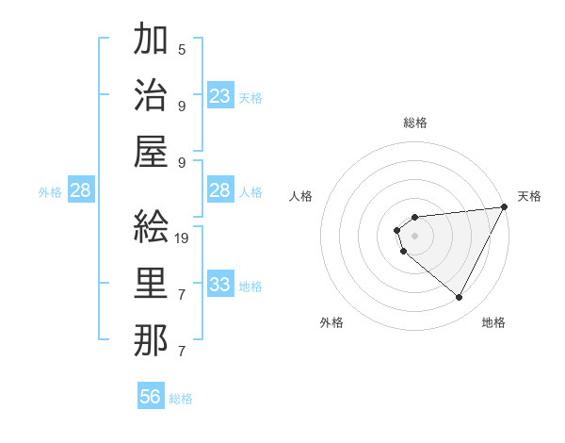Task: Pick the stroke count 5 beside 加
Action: [x=182, y=50]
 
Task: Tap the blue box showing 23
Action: [x=220, y=96]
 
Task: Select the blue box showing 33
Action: [x=220, y=285]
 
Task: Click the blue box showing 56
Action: [x=151, y=397]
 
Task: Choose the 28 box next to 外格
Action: [x=80, y=191]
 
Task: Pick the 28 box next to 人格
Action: [x=220, y=191]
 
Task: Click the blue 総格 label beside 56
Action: [x=181, y=399]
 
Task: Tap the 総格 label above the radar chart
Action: [x=414, y=123]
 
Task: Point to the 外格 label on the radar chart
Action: [x=331, y=322]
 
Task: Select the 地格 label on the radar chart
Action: [x=493, y=322]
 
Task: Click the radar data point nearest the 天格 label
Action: [x=506, y=207]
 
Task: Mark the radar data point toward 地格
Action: [x=459, y=298]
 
